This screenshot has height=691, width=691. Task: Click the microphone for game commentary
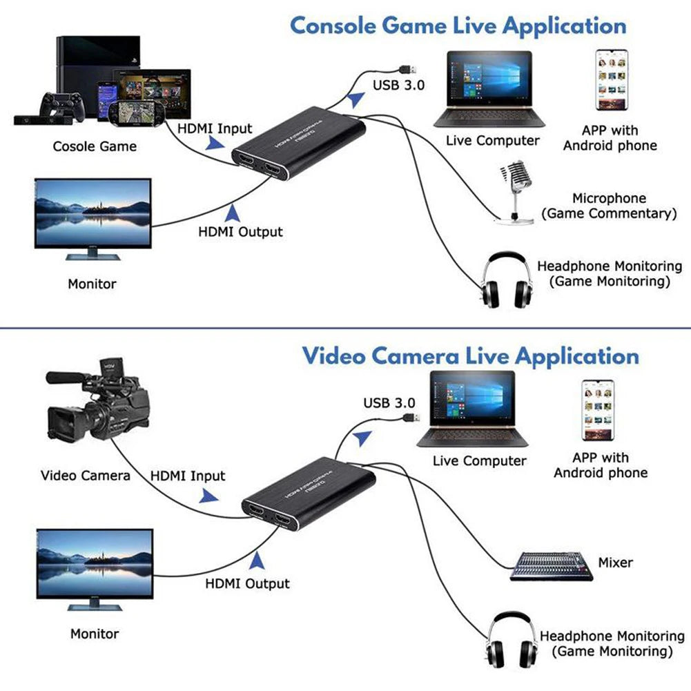515,190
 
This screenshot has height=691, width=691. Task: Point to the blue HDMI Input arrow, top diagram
215,143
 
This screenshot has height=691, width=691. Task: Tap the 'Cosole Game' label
95,146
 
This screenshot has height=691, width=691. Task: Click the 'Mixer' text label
615,563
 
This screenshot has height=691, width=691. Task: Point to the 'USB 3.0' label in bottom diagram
389,402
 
